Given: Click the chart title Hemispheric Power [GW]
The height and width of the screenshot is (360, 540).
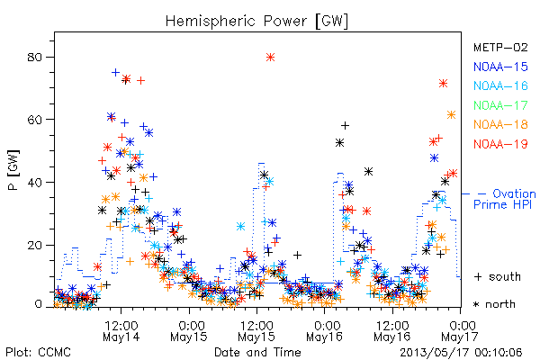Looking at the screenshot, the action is tap(256, 22).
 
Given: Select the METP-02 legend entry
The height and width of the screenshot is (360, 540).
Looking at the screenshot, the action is tap(500, 47).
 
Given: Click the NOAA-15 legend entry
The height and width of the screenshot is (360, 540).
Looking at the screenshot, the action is tap(500, 67).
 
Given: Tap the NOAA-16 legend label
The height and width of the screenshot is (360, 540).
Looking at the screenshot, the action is tap(500, 85).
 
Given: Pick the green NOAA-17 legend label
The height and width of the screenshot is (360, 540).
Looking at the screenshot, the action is tap(500, 105).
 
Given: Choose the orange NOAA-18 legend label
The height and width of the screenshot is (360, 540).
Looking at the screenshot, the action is tap(500, 124).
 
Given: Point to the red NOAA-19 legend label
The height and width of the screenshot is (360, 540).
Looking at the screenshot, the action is tap(500, 144).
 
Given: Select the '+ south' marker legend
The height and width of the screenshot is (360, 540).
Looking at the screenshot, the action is tap(498, 276).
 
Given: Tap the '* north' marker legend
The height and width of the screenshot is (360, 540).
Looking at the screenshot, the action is tap(494, 304).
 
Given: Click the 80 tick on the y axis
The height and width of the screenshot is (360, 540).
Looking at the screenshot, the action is tap(34, 57).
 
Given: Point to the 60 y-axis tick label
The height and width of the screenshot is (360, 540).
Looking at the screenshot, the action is tap(34, 120).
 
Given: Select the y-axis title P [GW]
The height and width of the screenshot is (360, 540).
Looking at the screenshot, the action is tap(13, 170).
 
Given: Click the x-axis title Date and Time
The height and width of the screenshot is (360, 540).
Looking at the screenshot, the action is tap(257, 352).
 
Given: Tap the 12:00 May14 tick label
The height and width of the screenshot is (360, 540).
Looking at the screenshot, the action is tap(121, 330).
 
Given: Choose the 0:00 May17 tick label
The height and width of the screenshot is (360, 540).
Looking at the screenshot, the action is tap(460, 330).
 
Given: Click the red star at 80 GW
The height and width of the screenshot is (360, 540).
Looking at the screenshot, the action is tap(270, 58).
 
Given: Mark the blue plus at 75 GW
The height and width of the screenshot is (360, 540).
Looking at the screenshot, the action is tap(116, 72).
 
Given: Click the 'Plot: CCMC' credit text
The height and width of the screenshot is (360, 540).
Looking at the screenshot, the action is tap(38, 352).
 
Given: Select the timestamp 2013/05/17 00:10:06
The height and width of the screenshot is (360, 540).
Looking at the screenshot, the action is tap(461, 352).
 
